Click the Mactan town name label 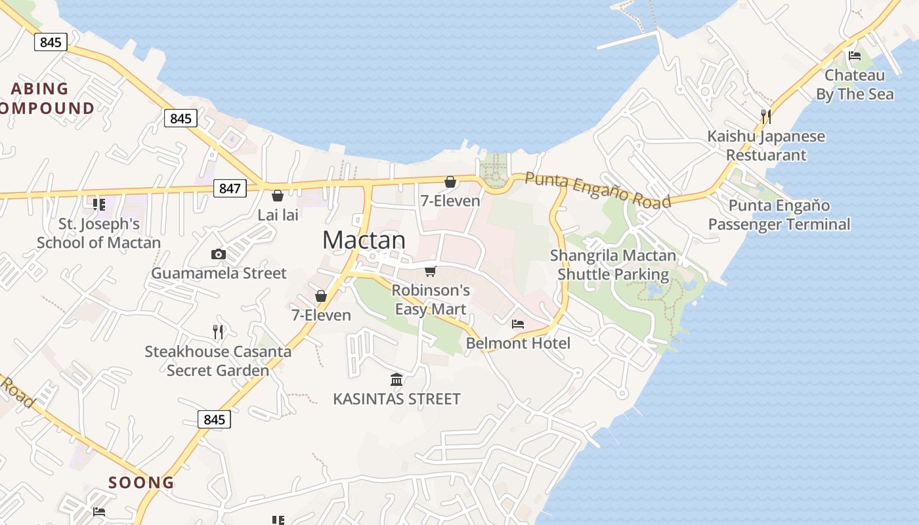point(364,240)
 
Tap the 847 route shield point(230,188)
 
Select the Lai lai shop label point(278,215)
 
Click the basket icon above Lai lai point(278,196)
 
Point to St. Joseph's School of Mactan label point(98,233)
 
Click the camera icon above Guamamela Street point(219,254)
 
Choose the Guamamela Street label point(219,273)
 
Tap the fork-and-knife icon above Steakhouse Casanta point(219,331)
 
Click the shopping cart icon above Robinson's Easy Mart point(431,271)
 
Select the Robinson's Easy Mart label point(431,299)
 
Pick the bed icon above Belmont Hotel point(518,324)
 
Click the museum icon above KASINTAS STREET point(396,379)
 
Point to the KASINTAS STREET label point(396,398)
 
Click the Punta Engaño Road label point(598,190)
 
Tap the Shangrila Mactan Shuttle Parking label point(613,264)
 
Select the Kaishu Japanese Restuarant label point(766,146)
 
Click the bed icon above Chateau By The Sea point(855,56)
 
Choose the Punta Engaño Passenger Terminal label point(779,215)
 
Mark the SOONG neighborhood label point(141,482)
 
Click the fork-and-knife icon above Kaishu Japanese point(765,117)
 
